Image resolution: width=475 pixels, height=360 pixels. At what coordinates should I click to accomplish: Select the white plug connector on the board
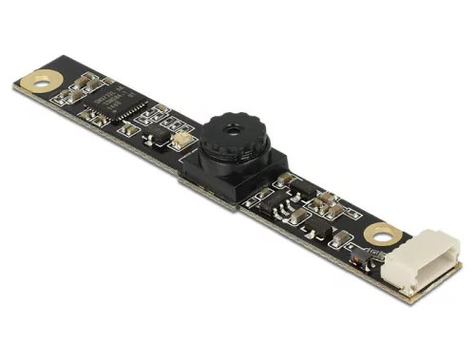[414, 268]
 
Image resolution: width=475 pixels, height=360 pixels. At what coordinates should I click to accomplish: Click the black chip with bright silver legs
[285, 207]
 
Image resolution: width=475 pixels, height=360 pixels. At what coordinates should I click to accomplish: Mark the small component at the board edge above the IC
[91, 77]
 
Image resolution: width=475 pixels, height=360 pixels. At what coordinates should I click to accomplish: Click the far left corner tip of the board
[13, 85]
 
